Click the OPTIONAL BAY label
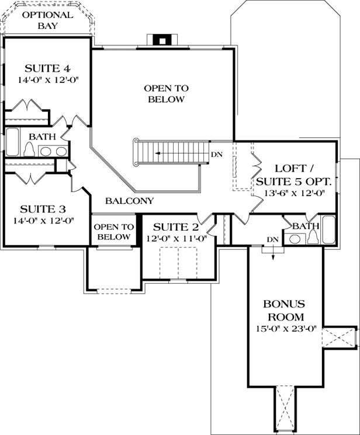pos(47,20)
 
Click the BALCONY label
pos(129,201)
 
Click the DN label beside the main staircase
pos(216,155)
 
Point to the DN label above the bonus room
pos(272,239)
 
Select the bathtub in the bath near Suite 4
pos(13,143)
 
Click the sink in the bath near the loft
pos(293,238)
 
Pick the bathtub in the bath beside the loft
pos(328,230)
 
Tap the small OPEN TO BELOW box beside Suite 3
pos(113,232)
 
